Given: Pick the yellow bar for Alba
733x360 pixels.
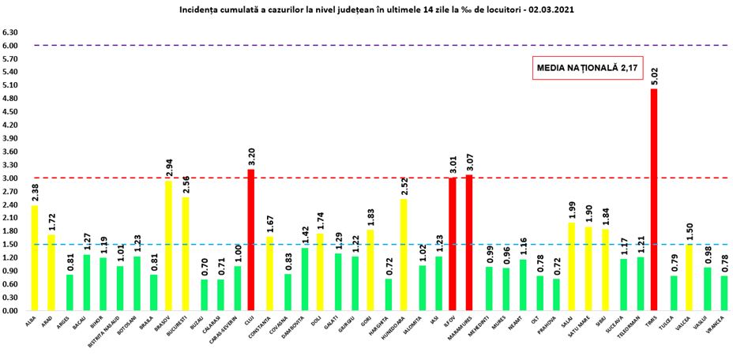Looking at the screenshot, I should [35, 257].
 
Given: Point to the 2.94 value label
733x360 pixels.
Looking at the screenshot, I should [168, 168].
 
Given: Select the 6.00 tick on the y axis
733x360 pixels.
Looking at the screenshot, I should [10, 46].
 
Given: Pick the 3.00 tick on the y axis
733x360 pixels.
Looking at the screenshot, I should [10, 178].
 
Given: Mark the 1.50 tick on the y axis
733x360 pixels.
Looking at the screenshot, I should [10, 245].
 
